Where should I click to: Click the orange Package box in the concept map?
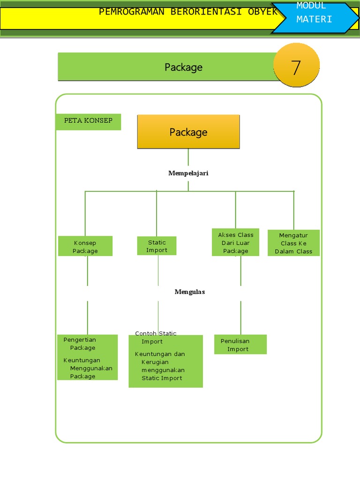(x=188, y=132)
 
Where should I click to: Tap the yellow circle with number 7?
(x=296, y=65)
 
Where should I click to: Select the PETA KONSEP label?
(x=88, y=120)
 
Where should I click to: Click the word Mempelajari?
(x=188, y=173)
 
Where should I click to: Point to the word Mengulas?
(x=190, y=292)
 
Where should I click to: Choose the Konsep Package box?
(x=85, y=246)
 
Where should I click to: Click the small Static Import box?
(x=157, y=246)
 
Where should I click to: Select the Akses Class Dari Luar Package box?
(x=235, y=242)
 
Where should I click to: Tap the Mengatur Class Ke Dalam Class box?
(x=293, y=243)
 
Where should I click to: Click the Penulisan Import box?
(x=240, y=345)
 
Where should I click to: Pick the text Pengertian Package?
(x=80, y=344)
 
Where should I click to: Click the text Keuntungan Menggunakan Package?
(x=88, y=368)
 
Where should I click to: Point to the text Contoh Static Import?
(x=156, y=337)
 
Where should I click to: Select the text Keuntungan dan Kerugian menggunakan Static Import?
(x=160, y=366)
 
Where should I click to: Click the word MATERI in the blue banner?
(x=314, y=19)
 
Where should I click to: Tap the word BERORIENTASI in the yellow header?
(x=206, y=12)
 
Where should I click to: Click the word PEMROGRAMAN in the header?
(x=132, y=12)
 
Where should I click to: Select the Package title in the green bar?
(x=184, y=67)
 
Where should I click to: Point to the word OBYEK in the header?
(x=262, y=12)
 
